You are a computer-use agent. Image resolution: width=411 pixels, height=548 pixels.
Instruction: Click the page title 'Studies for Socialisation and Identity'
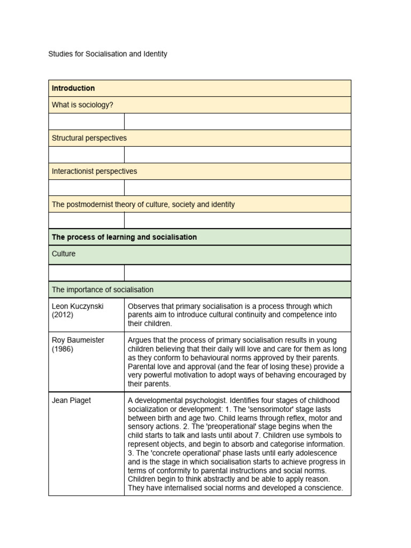108,54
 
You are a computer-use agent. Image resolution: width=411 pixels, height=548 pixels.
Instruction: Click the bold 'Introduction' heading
73,88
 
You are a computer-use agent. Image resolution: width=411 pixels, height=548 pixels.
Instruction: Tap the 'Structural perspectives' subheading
89,138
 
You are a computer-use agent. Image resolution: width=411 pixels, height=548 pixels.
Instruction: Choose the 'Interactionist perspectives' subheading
94,171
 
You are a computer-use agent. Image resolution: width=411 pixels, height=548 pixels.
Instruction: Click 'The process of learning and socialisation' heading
124,237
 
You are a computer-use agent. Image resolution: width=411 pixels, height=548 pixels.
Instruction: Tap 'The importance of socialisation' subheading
102,290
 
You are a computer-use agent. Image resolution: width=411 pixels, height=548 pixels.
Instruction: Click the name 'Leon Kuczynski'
78,306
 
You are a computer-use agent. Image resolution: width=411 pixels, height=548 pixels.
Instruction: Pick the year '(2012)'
63,315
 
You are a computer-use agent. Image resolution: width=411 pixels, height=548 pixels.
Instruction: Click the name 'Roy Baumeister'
78,340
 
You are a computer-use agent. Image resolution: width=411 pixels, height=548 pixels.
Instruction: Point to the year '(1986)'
63,349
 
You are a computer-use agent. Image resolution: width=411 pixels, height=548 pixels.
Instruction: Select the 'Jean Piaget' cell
72,400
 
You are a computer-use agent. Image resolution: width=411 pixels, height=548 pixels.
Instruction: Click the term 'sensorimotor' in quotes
260,409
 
